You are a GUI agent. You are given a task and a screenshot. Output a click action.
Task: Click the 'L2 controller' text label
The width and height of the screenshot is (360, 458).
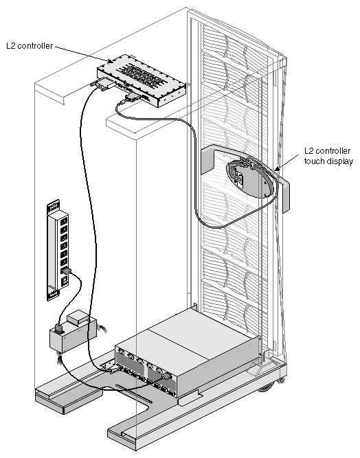coord(30,46)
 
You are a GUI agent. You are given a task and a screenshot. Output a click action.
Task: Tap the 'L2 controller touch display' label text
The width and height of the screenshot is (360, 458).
coord(328,156)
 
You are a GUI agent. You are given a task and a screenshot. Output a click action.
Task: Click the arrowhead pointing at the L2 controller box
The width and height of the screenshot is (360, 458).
coord(110,61)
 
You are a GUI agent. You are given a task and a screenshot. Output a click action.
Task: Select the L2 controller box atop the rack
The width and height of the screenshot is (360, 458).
coord(142,80)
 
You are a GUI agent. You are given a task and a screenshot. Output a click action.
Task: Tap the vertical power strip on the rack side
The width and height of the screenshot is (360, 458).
coord(58,250)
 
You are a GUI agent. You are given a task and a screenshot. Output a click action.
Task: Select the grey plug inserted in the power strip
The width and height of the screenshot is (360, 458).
coord(67,271)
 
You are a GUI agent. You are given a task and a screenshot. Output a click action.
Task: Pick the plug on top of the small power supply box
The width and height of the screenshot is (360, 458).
coord(58,329)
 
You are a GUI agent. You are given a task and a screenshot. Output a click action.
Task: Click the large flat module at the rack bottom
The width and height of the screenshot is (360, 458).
coord(187,350)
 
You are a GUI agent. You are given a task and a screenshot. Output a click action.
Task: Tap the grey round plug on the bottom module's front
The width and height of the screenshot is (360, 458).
coord(166,376)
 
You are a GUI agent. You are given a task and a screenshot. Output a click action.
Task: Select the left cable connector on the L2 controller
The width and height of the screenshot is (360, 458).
coord(102,84)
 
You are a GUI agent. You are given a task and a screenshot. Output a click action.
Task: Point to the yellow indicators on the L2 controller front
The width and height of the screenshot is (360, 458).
coord(126,86)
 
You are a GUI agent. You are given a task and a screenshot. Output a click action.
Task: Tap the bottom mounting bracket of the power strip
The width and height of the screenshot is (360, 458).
coord(53,295)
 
